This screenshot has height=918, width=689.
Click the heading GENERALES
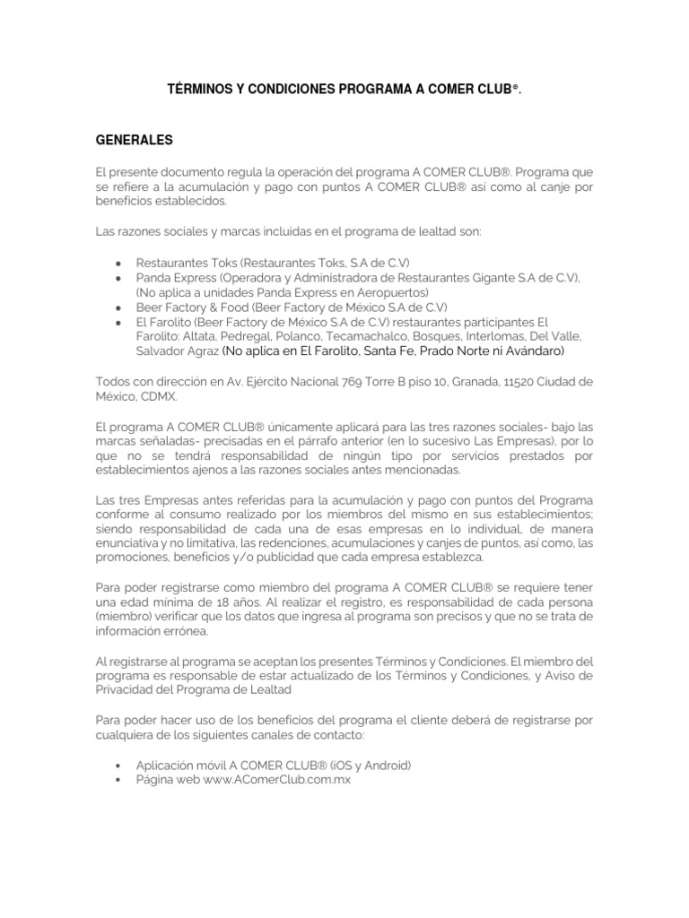(x=134, y=141)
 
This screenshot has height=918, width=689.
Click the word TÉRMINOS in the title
(x=202, y=91)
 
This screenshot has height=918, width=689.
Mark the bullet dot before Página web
(x=119, y=780)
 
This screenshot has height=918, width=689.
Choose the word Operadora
(x=245, y=278)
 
